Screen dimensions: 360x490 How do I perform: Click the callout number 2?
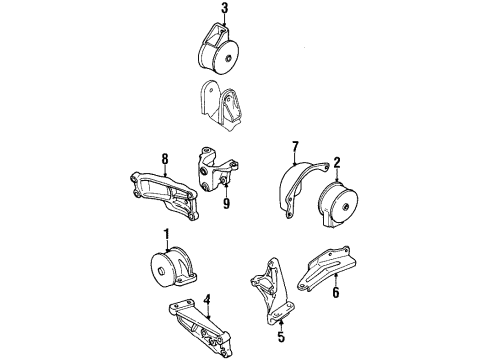(x=337, y=161)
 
